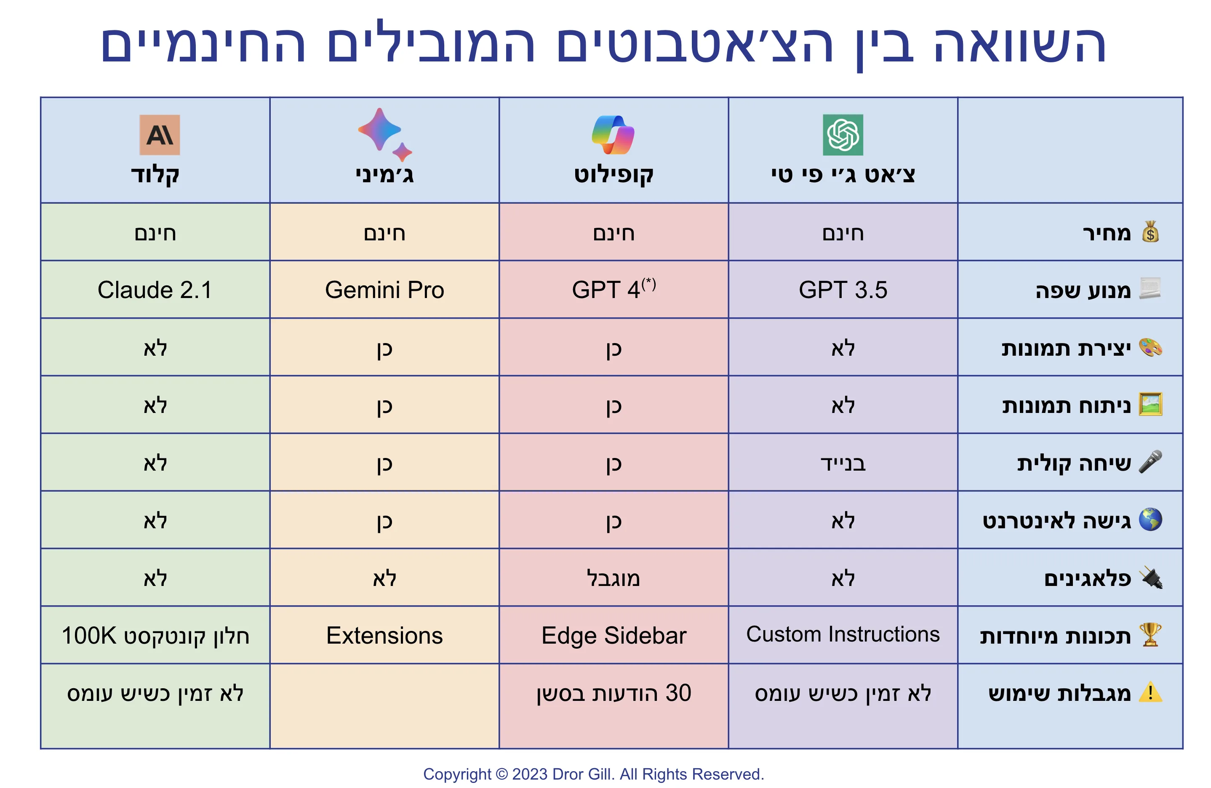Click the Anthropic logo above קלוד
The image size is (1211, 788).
160,135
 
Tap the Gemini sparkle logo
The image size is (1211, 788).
383,133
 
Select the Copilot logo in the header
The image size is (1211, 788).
613,135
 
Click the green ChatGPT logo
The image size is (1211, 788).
843,135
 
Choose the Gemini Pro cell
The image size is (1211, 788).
384,290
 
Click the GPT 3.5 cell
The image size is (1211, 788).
843,290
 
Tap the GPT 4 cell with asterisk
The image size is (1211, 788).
613,290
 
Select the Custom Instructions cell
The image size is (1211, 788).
843,634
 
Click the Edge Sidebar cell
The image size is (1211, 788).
613,635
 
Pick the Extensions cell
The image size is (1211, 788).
384,635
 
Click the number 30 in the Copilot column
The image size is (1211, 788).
678,693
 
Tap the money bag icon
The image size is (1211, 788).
1150,232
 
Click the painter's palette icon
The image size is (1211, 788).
1150,348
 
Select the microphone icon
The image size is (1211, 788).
1150,462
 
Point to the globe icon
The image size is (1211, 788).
1150,519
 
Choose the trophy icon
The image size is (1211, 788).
1150,634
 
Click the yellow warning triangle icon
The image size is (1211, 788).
1150,692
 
